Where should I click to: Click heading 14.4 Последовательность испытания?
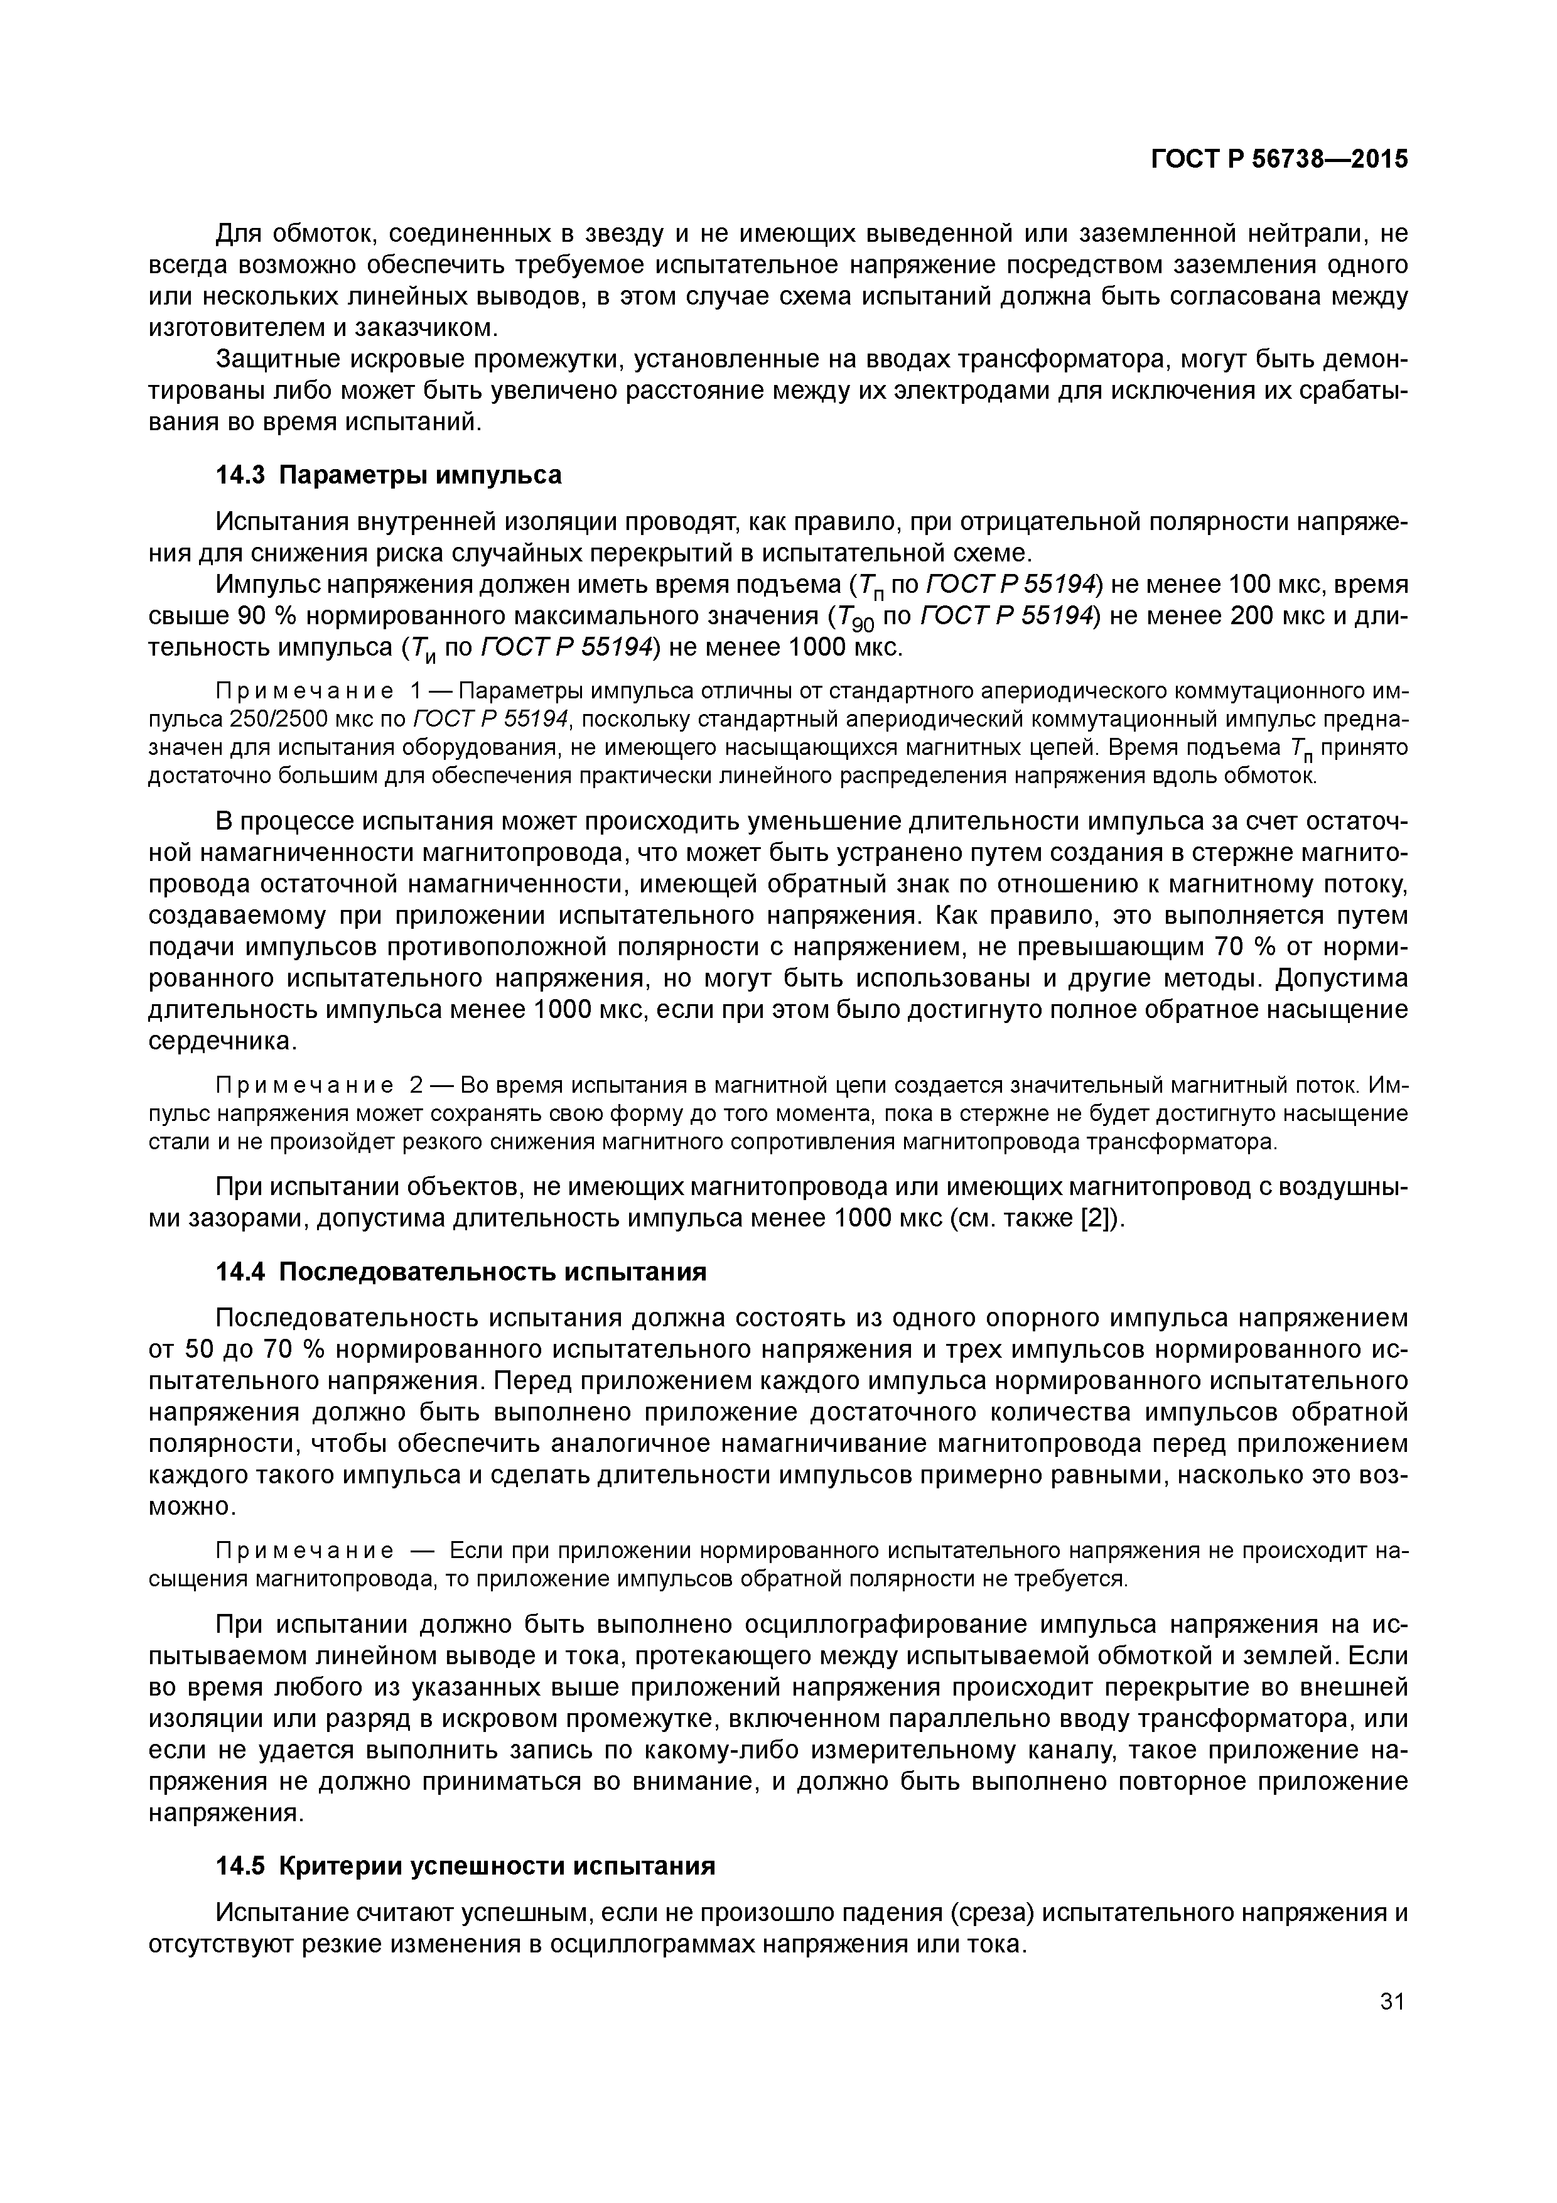pyautogui.click(x=460, y=1272)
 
